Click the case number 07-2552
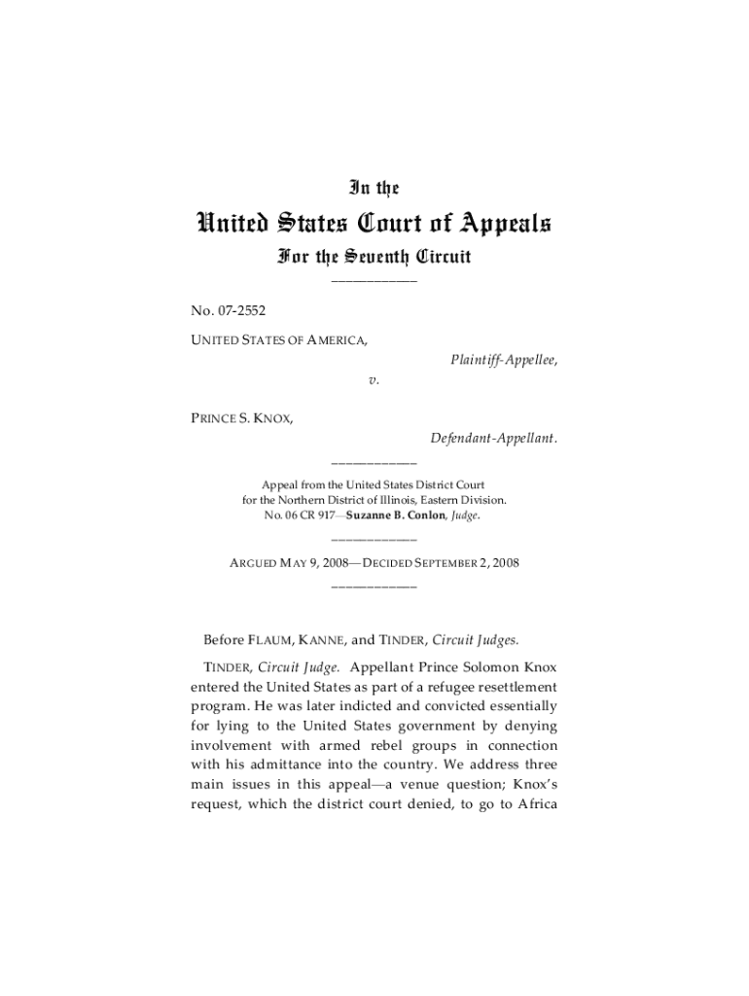point(242,311)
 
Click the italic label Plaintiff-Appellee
point(504,360)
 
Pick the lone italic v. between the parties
point(374,380)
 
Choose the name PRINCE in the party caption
point(216,418)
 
